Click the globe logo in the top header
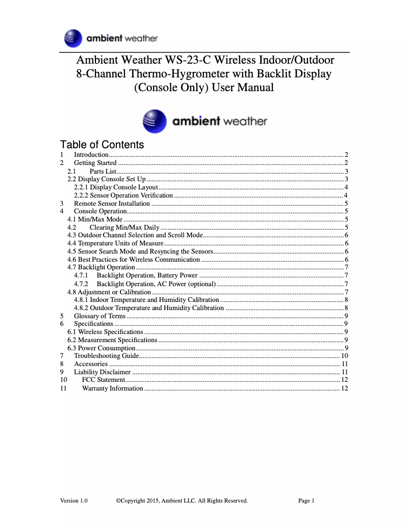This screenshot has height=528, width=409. click(73, 38)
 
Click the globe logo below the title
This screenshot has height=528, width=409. click(154, 121)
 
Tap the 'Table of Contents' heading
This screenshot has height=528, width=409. click(102, 145)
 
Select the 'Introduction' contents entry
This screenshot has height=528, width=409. click(91, 155)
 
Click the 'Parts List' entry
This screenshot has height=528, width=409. click(104, 171)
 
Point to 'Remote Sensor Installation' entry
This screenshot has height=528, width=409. click(112, 203)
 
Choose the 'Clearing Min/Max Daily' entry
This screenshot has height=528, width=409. click(124, 228)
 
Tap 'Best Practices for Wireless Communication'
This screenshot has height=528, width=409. click(139, 260)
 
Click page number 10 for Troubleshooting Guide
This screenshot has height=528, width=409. click(344, 356)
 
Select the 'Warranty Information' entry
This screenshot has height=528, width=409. click(112, 388)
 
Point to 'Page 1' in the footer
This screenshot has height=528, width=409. click(306, 501)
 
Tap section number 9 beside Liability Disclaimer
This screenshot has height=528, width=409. click(62, 372)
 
